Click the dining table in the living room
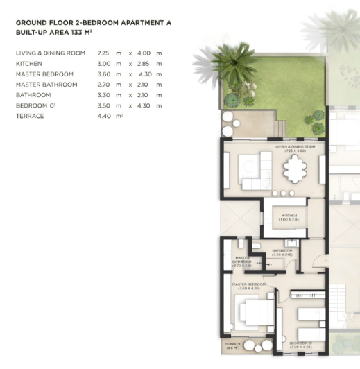pos(295,168)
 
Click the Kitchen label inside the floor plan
pos(289,216)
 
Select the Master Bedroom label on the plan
pos(250,286)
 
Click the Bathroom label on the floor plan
pos(282,252)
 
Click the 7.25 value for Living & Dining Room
pos(104,53)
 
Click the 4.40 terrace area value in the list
pos(105,116)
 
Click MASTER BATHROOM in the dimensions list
pos(44,84)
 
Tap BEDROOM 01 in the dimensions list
pos(34,105)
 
